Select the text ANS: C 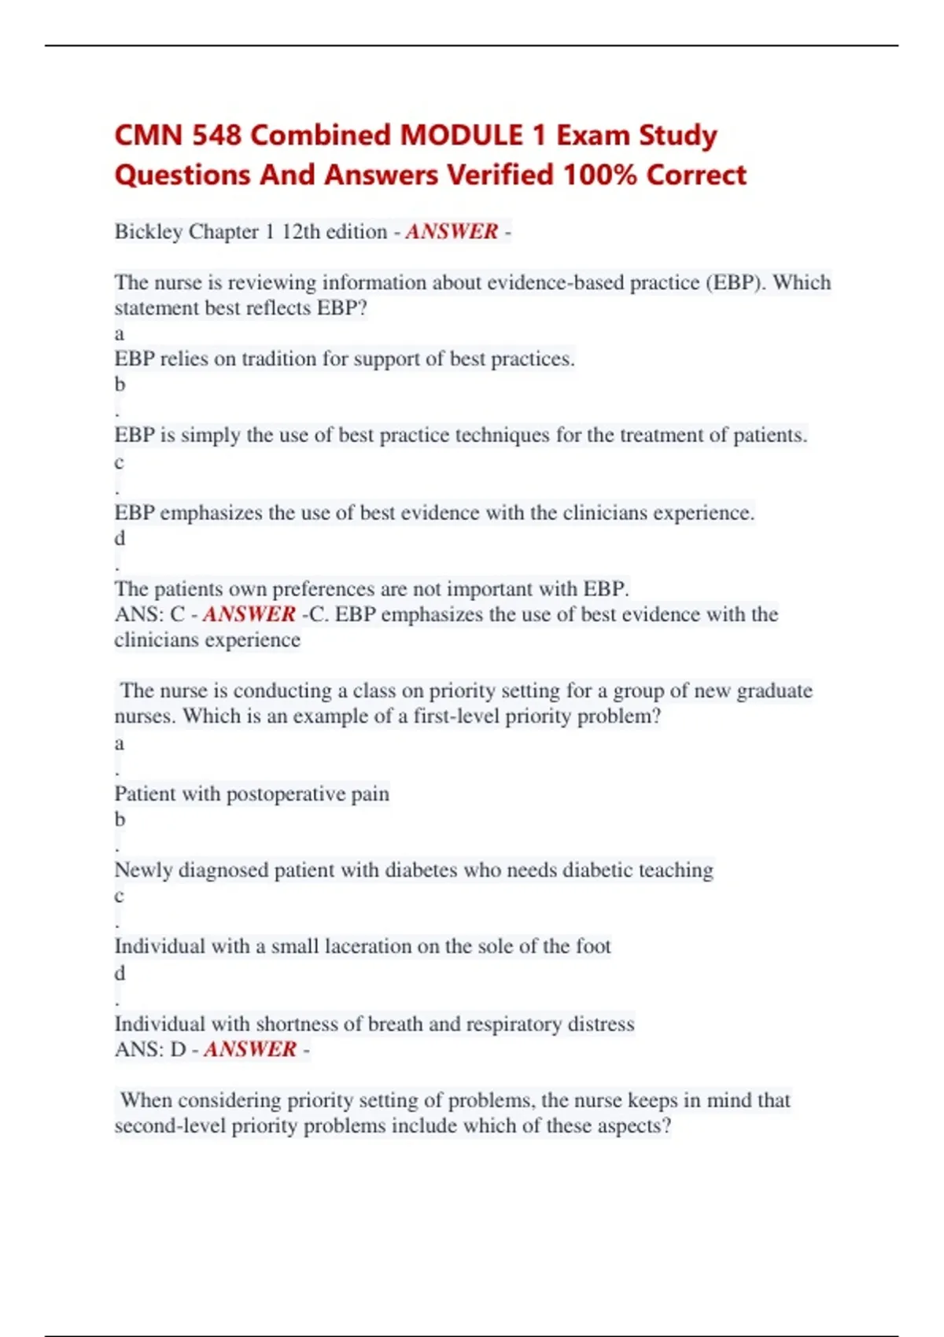(x=149, y=614)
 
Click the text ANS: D (x=150, y=1049)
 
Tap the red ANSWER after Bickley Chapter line (x=452, y=231)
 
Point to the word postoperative (x=286, y=794)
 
